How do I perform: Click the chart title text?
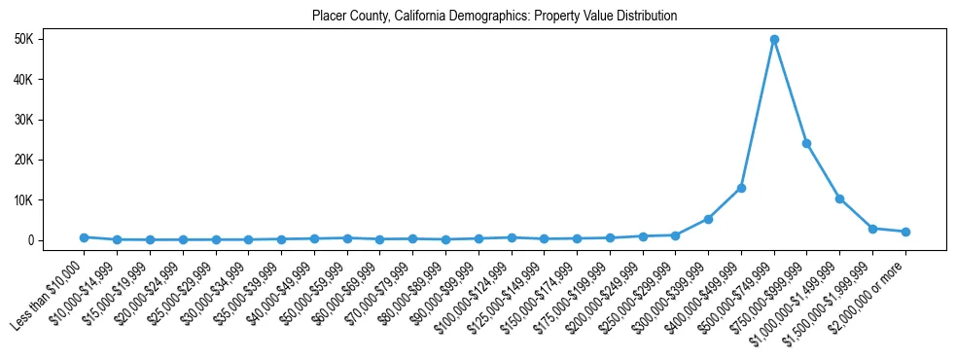[x=494, y=17]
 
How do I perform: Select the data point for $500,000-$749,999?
[x=774, y=40]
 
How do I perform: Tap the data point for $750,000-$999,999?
[x=806, y=143]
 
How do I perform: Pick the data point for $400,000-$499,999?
[x=741, y=188]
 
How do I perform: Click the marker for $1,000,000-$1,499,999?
[x=839, y=198]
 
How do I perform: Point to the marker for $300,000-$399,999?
[x=708, y=219]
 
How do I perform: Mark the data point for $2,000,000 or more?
[x=905, y=232]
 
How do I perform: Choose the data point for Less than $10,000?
[x=84, y=237]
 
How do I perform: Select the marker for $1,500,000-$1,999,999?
[x=872, y=229]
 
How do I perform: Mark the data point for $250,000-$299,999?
[x=675, y=235]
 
